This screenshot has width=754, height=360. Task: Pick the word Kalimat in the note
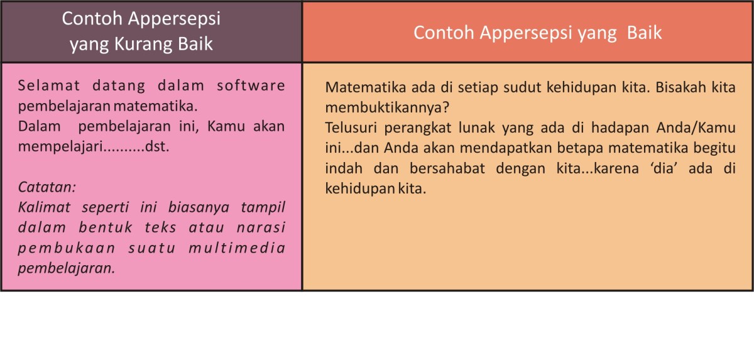point(45,207)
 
